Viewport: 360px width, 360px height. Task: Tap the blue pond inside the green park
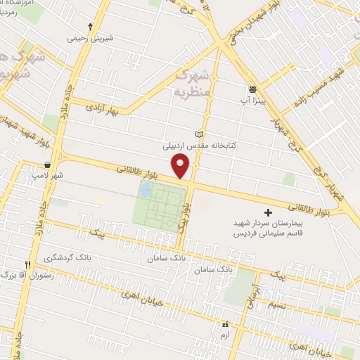[x=146, y=189]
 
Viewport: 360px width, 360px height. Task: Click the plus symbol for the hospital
[x=267, y=212]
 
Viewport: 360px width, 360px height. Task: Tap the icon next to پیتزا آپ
[x=252, y=89]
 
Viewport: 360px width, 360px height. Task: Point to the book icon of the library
[x=199, y=134]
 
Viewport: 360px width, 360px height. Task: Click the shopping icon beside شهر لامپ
[x=46, y=165]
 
